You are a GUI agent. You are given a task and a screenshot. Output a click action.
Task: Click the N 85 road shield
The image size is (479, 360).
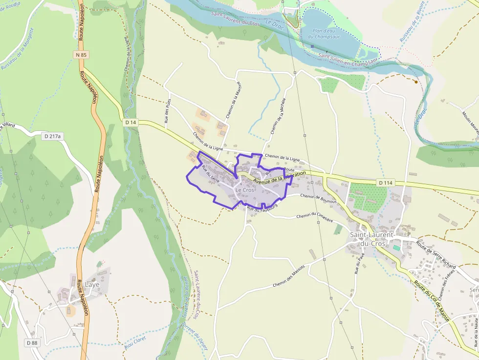(81, 55)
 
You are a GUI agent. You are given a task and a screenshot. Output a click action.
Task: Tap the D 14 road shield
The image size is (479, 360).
(130, 122)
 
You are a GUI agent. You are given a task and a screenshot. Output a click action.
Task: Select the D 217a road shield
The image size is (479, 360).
(52, 136)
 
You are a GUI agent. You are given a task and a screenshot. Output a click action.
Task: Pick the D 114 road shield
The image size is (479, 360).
(385, 183)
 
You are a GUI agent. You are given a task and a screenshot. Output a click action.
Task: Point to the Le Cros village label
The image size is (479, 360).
(244, 190)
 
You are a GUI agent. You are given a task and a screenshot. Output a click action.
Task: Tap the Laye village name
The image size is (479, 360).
(92, 284)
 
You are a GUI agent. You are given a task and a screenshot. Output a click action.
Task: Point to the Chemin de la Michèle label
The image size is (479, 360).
(277, 116)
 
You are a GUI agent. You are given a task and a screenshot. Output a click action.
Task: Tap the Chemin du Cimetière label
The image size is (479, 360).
(314, 217)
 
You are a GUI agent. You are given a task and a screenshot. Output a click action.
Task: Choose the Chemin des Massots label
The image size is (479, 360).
(289, 275)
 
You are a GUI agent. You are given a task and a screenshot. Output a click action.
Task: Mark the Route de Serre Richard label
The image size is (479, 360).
(435, 253)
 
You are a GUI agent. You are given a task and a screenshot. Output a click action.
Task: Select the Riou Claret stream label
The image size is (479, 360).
(135, 332)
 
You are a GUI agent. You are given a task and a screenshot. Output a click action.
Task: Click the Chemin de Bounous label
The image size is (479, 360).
(319, 198)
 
